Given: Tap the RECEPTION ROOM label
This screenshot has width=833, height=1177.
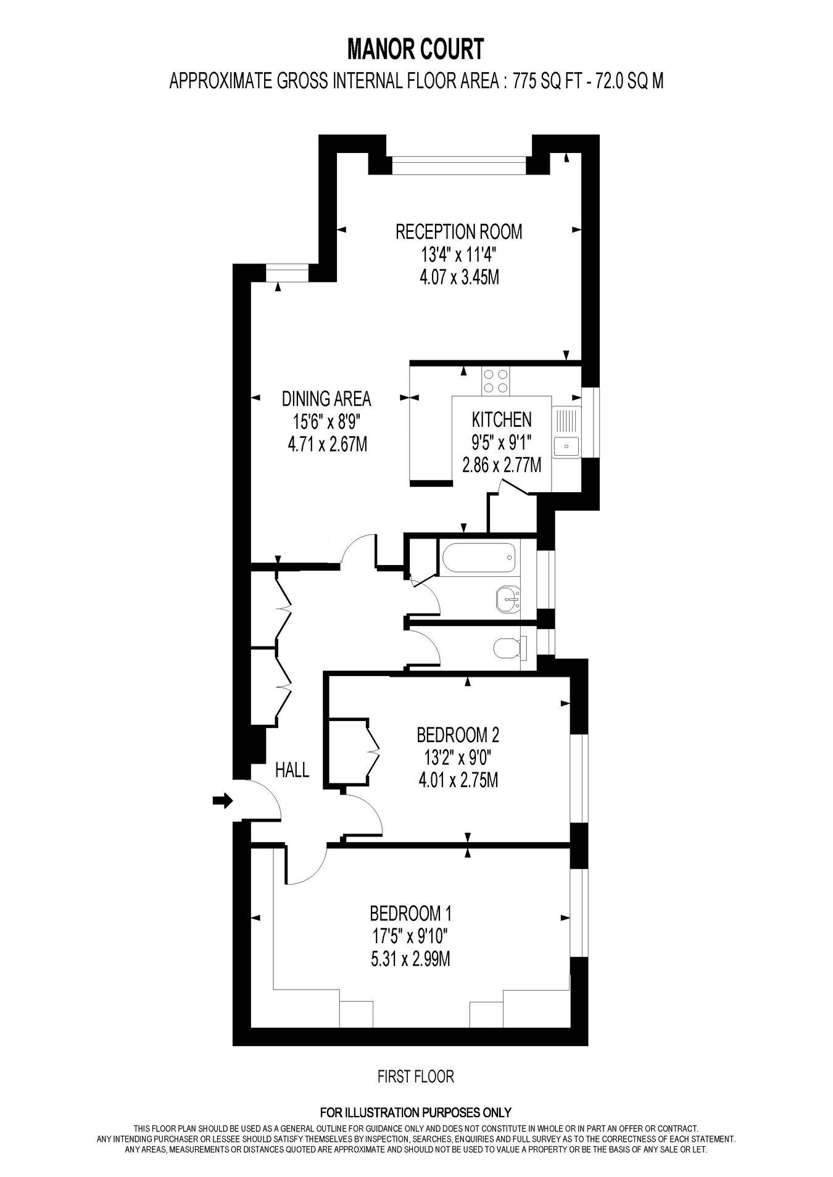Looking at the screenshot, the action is pos(458,232).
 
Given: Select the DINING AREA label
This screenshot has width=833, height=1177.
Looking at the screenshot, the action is pos(326,399).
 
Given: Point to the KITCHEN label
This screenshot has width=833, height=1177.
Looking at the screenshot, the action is pos(501,419).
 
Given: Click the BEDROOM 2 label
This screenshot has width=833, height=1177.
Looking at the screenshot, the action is pos(458,735).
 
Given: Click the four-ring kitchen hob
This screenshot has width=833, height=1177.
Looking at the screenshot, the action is pos(496,381).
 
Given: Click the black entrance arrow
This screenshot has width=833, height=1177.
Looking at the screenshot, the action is pos(223,801).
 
